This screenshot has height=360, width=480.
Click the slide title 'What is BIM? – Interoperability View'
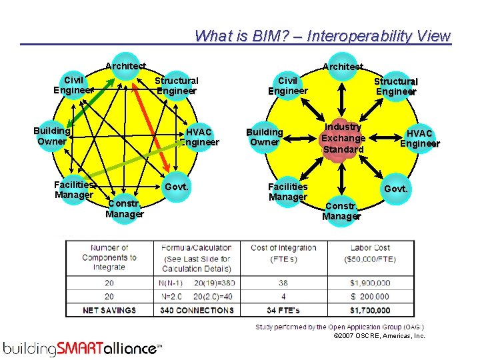coord(323,36)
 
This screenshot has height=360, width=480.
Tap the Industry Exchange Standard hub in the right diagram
coord(343,138)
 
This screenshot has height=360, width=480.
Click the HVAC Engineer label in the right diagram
coord(420,139)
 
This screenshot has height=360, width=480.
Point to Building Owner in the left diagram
coord(52,135)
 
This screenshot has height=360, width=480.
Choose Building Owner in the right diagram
coord(265,137)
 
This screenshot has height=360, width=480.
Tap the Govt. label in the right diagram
coord(396,189)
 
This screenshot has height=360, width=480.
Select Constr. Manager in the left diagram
coord(125,209)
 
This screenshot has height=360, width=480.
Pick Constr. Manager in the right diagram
coord(341,211)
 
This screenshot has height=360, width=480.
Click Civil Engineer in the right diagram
coord(288,85)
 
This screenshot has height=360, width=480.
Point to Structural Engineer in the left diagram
coord(177,85)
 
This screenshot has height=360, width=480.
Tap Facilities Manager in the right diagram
coord(288,191)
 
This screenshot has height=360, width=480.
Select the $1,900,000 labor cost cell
coord(369,283)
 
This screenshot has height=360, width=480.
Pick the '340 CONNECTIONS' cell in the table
coord(197,310)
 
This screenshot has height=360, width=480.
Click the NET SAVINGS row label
coord(109,310)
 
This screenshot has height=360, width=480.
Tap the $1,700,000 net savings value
coord(369,310)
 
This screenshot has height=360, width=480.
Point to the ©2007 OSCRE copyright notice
coord(379,336)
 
